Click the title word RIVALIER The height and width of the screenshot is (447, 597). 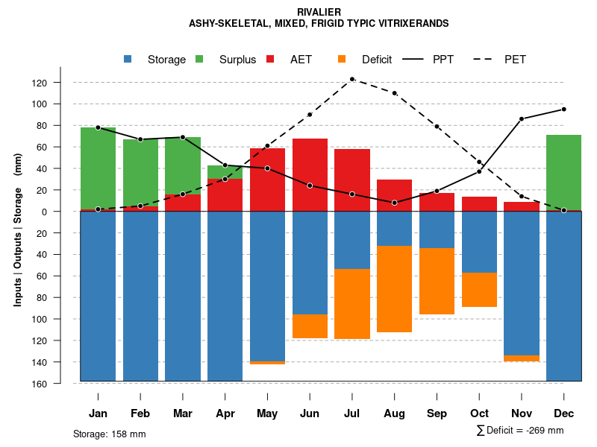(x=319, y=12)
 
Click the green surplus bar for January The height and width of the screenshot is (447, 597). (x=98, y=168)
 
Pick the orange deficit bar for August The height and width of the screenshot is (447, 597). (x=394, y=289)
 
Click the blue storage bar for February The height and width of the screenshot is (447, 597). (x=140, y=296)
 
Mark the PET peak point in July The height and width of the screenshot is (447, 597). (x=352, y=79)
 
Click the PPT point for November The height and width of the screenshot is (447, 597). (x=522, y=119)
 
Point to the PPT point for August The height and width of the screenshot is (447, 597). (x=394, y=203)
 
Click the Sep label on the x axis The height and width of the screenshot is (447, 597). (x=437, y=413)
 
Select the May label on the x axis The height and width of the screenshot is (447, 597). (x=267, y=413)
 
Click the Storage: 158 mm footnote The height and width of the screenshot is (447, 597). (x=110, y=434)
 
